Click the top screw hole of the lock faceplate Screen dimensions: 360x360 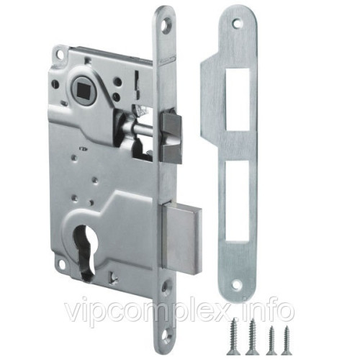click(167, 26)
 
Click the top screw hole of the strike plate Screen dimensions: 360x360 click(238, 23)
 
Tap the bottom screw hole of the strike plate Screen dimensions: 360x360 click(238, 284)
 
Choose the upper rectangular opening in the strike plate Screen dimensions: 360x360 click(238, 99)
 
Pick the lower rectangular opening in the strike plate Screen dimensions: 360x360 click(237, 201)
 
